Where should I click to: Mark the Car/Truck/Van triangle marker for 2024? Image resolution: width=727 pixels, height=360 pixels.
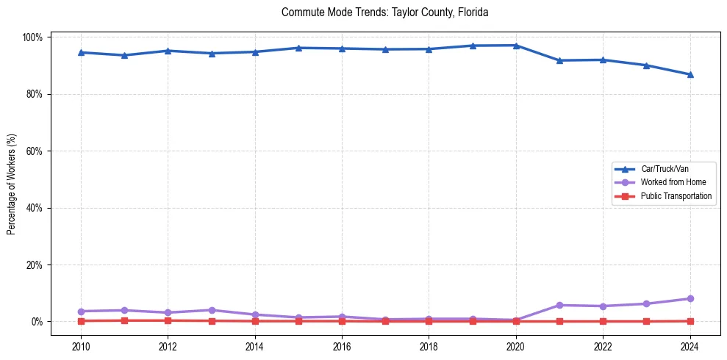coord(690,74)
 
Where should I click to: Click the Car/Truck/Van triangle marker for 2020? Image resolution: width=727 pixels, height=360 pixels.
coord(516,46)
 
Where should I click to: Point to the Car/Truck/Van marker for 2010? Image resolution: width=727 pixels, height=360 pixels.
coord(81,52)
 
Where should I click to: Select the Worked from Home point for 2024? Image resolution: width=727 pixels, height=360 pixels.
coord(690,298)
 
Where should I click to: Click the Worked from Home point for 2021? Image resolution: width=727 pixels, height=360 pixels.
coord(559,305)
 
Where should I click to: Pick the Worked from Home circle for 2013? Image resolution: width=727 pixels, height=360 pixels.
coord(212,310)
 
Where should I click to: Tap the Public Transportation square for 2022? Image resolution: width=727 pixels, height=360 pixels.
coord(603,321)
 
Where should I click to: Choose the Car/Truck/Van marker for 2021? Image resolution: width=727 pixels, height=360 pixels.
coord(559,60)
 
